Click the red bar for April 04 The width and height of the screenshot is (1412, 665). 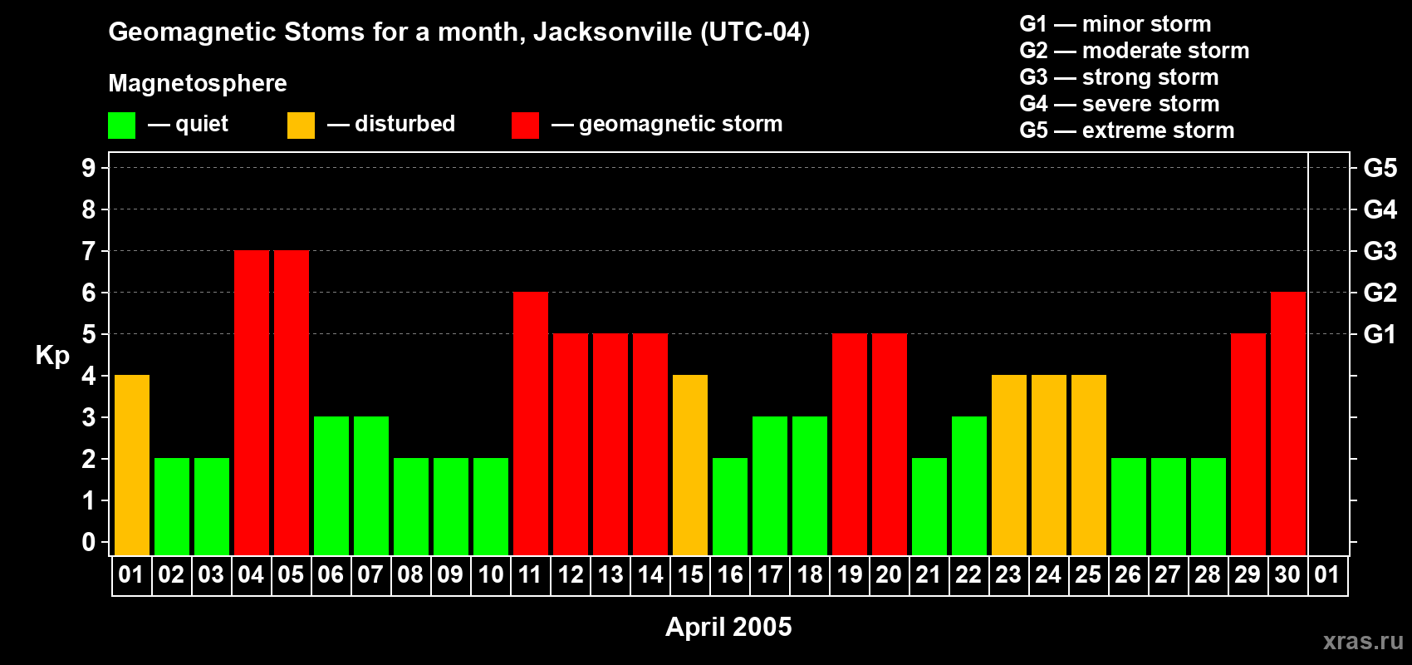coord(252,402)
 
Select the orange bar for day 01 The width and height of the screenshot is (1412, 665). coord(132,465)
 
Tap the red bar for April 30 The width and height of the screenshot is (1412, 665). coord(1287,423)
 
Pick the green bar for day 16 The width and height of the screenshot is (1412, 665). coord(730,506)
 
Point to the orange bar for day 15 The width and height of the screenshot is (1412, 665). coord(690,465)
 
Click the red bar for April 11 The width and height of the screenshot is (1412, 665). coord(531,423)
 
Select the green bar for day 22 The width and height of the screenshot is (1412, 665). coord(969,485)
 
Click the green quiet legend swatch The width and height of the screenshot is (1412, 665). coord(121,125)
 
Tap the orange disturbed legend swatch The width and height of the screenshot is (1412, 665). coord(301,125)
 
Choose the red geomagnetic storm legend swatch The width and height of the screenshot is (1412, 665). coord(526,125)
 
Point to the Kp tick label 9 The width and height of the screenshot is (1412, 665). coord(88,168)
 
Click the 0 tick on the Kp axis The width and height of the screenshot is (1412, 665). coord(88,542)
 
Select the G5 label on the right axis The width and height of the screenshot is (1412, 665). coord(1380,168)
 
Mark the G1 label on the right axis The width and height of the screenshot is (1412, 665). coord(1380,334)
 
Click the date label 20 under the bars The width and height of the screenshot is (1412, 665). coord(889,574)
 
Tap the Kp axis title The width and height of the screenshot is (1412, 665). coord(52,356)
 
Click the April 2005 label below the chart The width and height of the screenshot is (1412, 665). coord(728,627)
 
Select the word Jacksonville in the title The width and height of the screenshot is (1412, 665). coord(613,32)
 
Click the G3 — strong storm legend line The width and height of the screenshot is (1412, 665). coord(1119,77)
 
